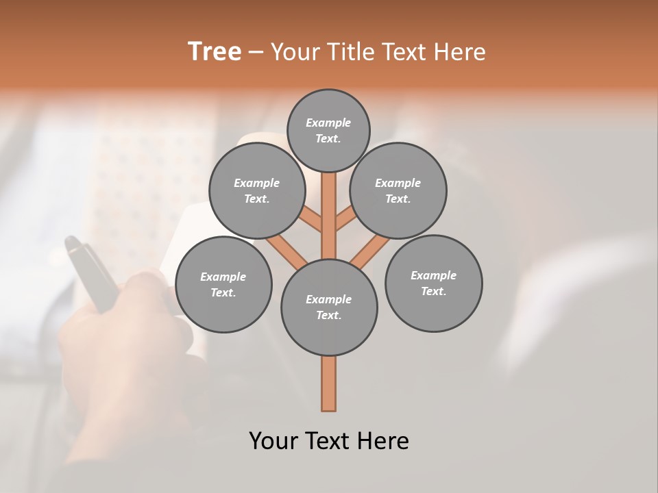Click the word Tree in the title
click(215, 52)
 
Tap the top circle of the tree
click(328, 130)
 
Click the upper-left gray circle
click(257, 190)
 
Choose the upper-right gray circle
click(398, 190)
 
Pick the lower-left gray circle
click(223, 284)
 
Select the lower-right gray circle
click(433, 283)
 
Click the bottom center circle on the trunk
click(329, 307)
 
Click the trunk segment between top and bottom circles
click(329, 216)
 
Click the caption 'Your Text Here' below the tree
click(329, 440)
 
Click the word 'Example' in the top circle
click(328, 123)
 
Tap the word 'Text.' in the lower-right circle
click(433, 291)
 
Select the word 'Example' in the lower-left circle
click(223, 277)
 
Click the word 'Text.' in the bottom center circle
click(329, 315)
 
